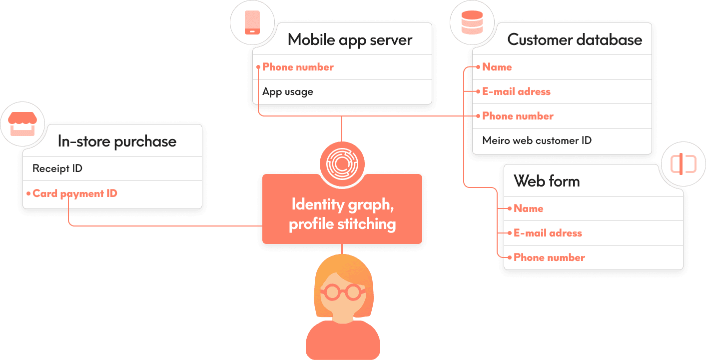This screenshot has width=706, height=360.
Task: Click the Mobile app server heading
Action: (x=350, y=40)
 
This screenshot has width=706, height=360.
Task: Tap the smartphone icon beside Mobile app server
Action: (x=252, y=22)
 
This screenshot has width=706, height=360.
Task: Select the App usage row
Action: (x=288, y=92)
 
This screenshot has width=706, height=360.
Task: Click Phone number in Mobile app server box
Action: (x=298, y=67)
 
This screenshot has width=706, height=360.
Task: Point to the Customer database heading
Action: (x=575, y=40)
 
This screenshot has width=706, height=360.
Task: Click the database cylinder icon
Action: (x=472, y=22)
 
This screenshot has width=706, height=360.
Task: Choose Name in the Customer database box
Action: (x=497, y=67)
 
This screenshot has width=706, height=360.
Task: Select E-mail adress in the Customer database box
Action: (x=516, y=91)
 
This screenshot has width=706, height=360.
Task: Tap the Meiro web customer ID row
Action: (x=537, y=140)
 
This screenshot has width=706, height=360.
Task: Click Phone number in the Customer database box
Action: (x=518, y=116)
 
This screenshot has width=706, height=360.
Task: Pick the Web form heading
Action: (x=547, y=181)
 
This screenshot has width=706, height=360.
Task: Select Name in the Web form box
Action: (x=528, y=208)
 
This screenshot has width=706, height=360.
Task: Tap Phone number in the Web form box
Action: (x=549, y=257)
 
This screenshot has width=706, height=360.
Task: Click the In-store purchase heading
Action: (x=117, y=141)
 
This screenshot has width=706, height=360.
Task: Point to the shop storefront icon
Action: (x=22, y=124)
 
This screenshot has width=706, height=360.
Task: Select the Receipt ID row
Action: (x=57, y=168)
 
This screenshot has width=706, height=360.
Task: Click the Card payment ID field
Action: (x=75, y=193)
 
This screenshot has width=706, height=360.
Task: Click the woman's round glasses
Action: (x=342, y=291)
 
